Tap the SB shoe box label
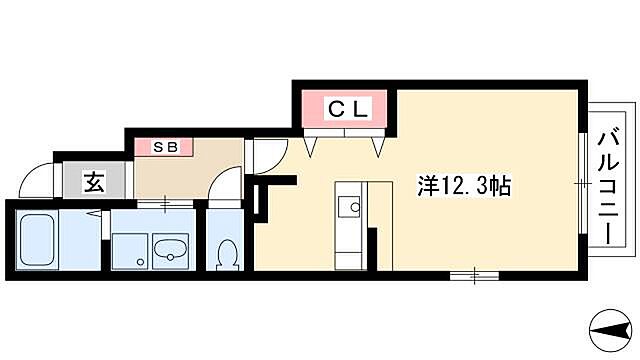point(164,148)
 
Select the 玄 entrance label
point(92,183)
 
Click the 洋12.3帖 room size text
point(464,185)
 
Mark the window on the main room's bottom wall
point(474,271)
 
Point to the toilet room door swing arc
point(226,185)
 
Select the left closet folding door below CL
point(312,146)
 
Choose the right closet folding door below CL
point(379,146)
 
